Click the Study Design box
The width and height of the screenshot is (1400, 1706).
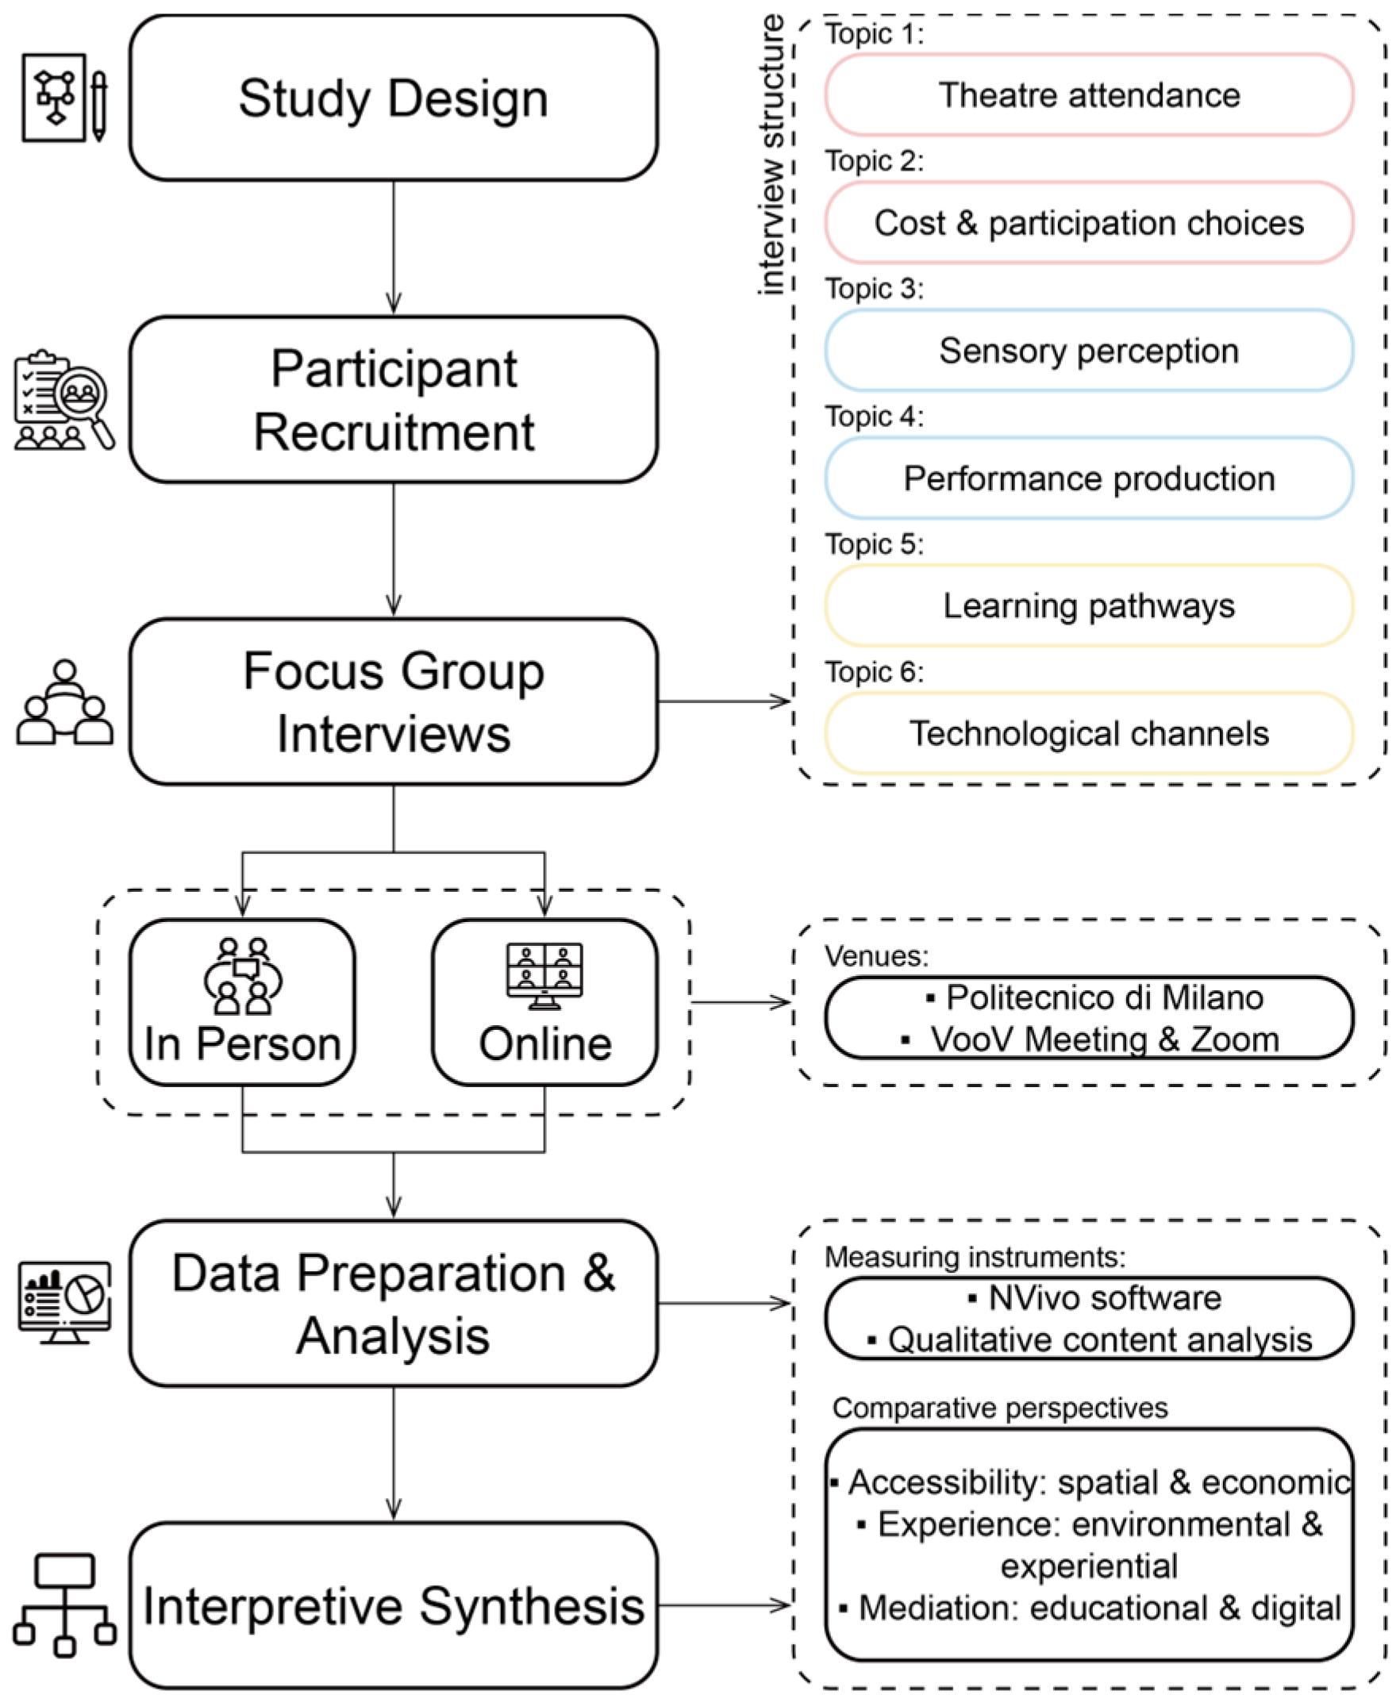pyautogui.click(x=394, y=98)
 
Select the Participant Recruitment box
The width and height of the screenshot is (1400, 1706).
pyautogui.click(x=394, y=400)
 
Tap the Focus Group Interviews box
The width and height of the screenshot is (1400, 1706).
pyautogui.click(x=394, y=701)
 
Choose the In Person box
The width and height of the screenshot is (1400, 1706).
pyautogui.click(x=243, y=1002)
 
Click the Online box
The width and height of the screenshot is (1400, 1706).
pyautogui.click(x=544, y=1002)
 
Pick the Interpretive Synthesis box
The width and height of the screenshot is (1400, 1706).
pyautogui.click(x=394, y=1605)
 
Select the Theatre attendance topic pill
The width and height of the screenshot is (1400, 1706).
pyautogui.click(x=1089, y=95)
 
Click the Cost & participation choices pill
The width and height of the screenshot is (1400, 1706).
pyautogui.click(x=1089, y=222)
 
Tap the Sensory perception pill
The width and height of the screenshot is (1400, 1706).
pyautogui.click(x=1089, y=351)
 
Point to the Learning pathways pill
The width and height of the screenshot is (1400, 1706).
pyautogui.click(x=1089, y=605)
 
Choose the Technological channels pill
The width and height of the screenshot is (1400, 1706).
pyautogui.click(x=1089, y=734)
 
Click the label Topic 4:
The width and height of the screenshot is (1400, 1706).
pyautogui.click(x=874, y=417)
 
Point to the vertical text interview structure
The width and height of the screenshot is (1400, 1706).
pyautogui.click(x=771, y=155)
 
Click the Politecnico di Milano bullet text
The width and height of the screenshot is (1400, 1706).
pyautogui.click(x=1104, y=998)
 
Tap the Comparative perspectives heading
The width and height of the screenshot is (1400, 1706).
pyautogui.click(x=1000, y=1408)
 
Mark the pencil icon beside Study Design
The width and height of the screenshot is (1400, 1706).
pyautogui.click(x=98, y=106)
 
